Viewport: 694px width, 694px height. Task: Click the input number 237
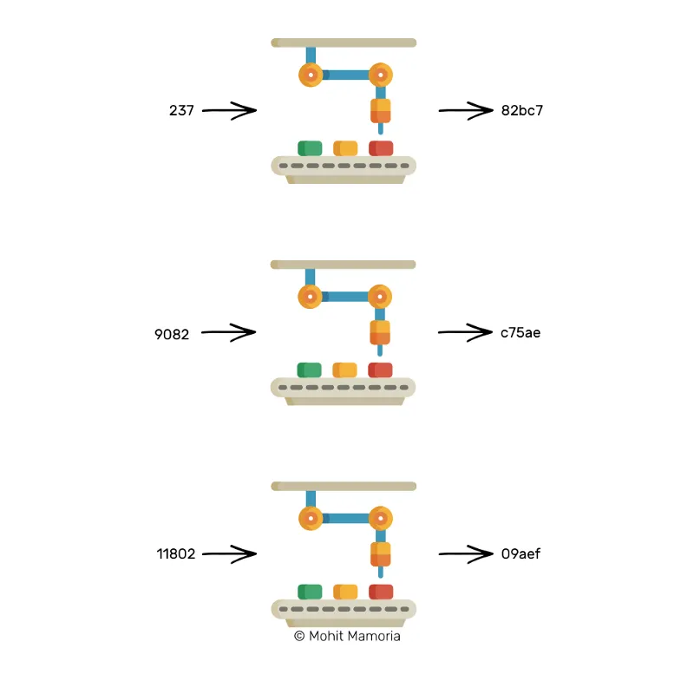click(x=181, y=110)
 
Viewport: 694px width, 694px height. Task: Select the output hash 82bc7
click(x=522, y=110)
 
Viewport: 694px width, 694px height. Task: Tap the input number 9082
click(x=172, y=334)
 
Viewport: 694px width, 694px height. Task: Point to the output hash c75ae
click(x=520, y=332)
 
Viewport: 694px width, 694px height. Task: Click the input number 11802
click(x=176, y=553)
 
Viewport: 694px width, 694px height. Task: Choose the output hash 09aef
click(x=521, y=553)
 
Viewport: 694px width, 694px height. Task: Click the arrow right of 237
click(x=229, y=110)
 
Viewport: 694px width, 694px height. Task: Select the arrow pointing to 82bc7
click(x=466, y=110)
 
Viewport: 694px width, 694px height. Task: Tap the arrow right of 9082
click(x=228, y=332)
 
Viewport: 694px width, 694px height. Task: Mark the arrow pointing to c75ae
click(x=465, y=332)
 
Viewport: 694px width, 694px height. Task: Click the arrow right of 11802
click(x=229, y=553)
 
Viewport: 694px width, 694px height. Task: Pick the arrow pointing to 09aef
click(x=466, y=553)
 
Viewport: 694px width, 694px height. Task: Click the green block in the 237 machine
click(x=310, y=148)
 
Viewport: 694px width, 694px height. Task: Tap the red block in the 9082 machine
click(x=380, y=370)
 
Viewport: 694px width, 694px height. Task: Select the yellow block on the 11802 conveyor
click(x=345, y=592)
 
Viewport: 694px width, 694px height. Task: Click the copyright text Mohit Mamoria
click(x=347, y=636)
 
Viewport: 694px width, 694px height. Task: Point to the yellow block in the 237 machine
click(x=345, y=148)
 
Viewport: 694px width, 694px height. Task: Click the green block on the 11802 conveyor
click(x=310, y=592)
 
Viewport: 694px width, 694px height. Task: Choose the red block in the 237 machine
click(x=381, y=148)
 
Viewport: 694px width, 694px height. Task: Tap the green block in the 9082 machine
click(x=310, y=370)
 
